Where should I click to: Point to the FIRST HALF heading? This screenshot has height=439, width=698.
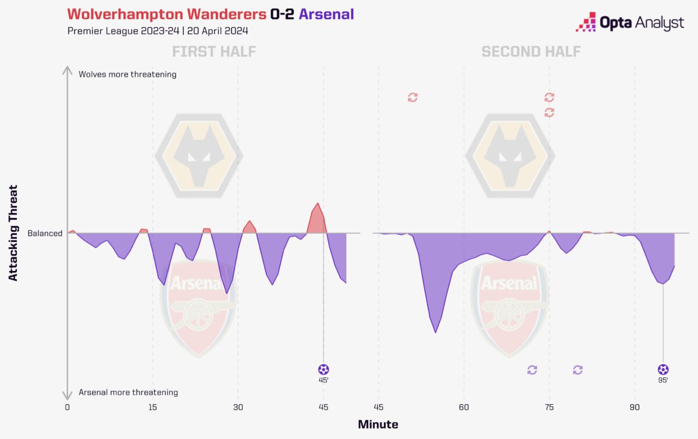point(214,52)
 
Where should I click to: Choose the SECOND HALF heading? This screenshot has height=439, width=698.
point(531,52)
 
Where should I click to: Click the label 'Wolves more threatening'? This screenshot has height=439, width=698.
point(127,74)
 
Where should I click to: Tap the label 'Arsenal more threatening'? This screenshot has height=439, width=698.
point(128,392)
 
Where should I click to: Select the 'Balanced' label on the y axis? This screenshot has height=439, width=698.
point(45,234)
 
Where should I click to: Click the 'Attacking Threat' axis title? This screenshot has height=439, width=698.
point(13,233)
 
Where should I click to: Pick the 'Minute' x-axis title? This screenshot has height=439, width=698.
point(378,424)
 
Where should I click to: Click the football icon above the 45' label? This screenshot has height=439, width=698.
point(323,369)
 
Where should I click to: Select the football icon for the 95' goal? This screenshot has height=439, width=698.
point(663,369)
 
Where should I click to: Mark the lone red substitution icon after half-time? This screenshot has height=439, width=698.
point(412,97)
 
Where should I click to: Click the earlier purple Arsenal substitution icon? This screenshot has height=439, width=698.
point(532,370)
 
